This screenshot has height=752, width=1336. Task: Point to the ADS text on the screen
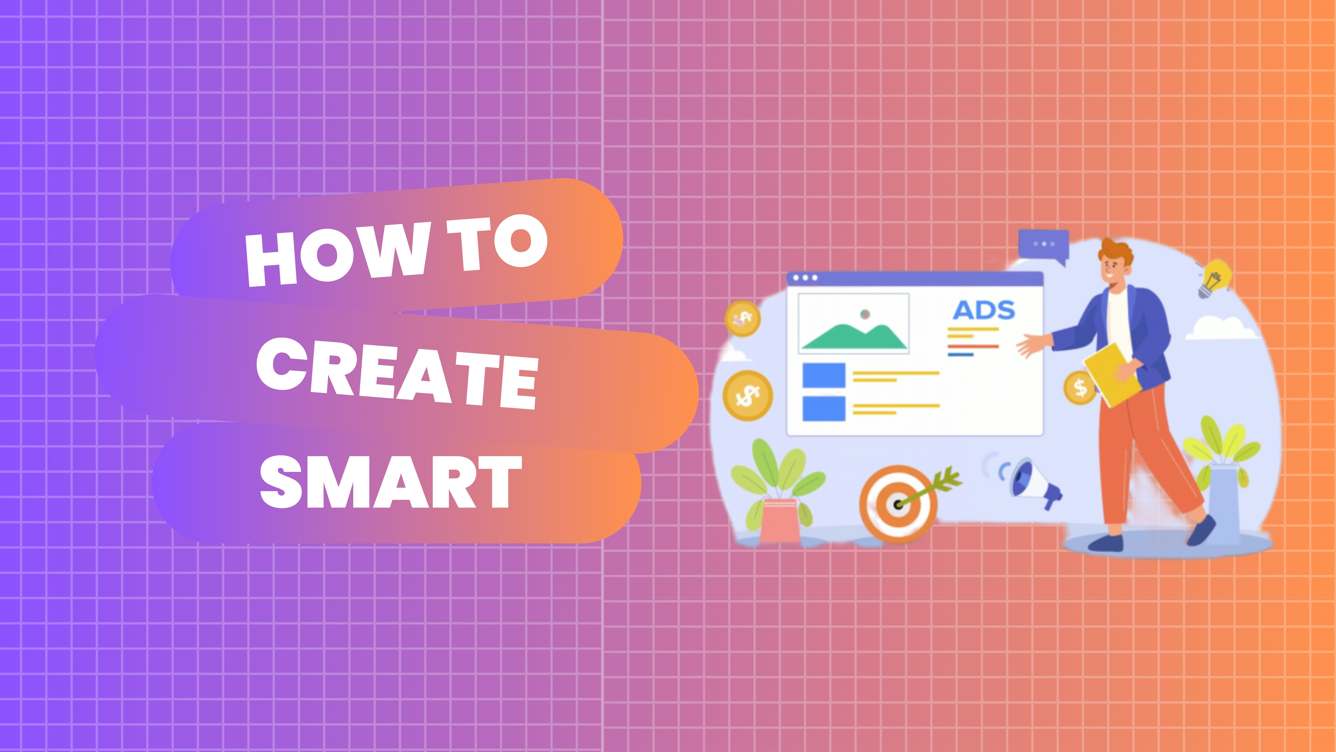[983, 310]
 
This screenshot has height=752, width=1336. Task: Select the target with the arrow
[899, 503]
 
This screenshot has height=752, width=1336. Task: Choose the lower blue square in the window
[824, 408]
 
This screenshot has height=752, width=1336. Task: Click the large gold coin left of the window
[747, 395]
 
